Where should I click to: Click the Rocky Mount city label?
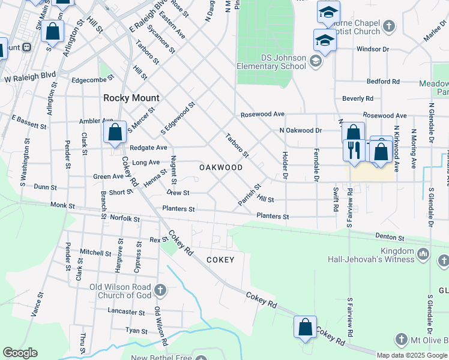click(x=131, y=98)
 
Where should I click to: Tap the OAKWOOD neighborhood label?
click(x=221, y=167)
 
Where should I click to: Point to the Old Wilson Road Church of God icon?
click(x=159, y=290)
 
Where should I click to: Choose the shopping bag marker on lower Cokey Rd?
click(x=305, y=328)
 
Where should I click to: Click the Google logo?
click(x=20, y=353)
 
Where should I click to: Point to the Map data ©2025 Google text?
click(x=412, y=355)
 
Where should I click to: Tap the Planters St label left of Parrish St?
click(x=178, y=209)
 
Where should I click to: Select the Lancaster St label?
click(x=126, y=312)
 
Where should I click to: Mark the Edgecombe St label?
click(x=92, y=79)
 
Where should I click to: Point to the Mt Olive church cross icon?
click(x=399, y=340)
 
